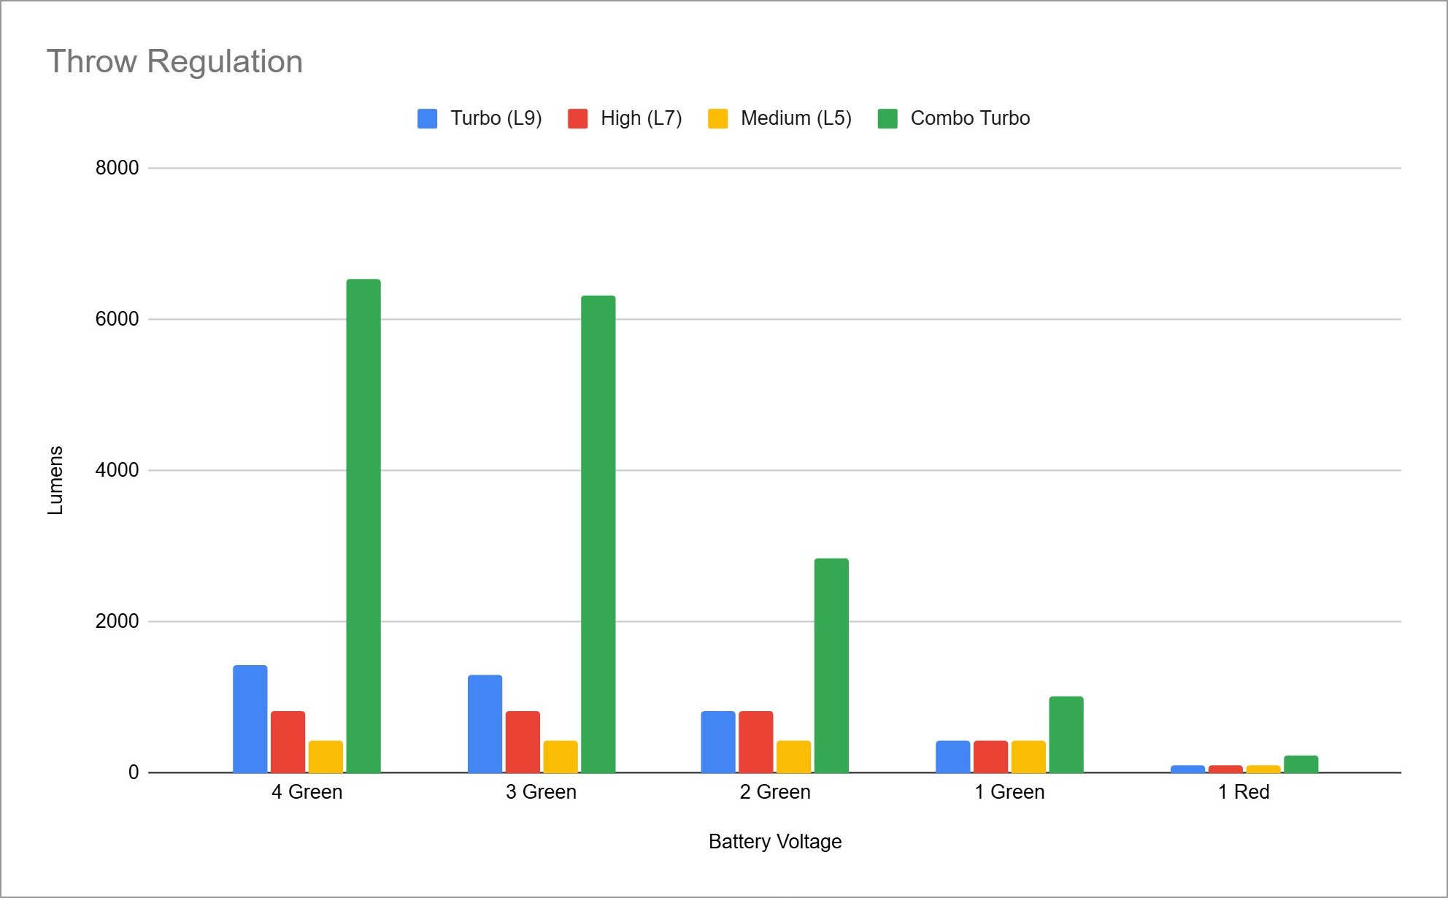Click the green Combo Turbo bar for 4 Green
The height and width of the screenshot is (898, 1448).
[x=363, y=526]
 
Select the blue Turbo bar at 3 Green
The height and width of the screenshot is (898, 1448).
[x=485, y=724]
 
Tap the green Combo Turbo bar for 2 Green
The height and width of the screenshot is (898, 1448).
[x=831, y=665]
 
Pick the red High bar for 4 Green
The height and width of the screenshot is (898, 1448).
[x=288, y=741]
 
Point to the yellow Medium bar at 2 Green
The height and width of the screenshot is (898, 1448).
[x=793, y=756]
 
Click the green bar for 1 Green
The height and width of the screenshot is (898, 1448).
[x=1066, y=734]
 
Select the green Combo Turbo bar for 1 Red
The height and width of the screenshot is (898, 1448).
[x=1301, y=764]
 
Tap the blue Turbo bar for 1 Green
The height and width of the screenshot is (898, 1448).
[x=952, y=756]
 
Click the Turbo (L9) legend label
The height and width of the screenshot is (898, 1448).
[x=496, y=118]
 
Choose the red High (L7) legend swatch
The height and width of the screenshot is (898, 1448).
[x=577, y=118]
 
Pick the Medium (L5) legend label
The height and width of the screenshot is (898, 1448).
[x=796, y=118]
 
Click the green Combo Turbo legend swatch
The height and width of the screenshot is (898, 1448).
[x=887, y=118]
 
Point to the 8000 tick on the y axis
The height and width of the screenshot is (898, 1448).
[x=117, y=168]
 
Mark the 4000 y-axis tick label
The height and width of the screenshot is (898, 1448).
[x=117, y=470]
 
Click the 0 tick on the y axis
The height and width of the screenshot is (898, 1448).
[x=133, y=772]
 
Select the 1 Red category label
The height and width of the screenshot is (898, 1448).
[x=1243, y=792]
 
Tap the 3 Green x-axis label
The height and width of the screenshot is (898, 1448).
[x=541, y=792]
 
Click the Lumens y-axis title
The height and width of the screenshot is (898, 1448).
[x=55, y=480]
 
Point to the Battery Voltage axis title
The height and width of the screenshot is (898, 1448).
[x=774, y=842]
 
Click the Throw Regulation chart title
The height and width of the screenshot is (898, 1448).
[x=174, y=61]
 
